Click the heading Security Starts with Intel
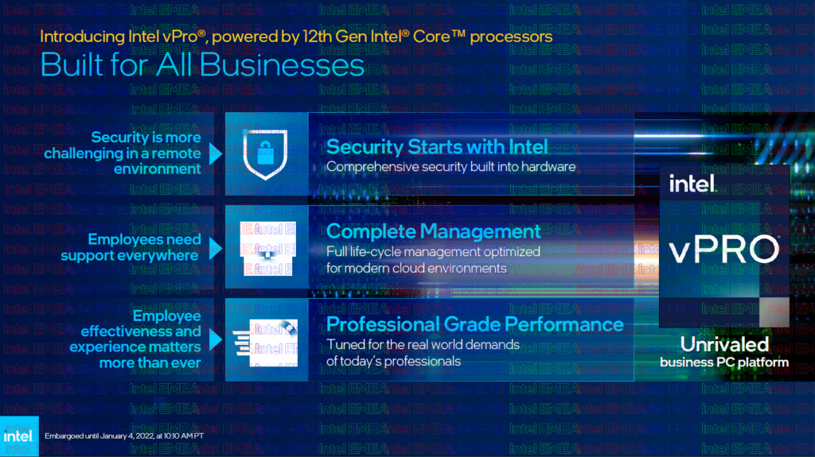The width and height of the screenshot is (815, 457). coord(437,146)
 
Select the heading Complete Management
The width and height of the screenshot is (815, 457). coord(434,231)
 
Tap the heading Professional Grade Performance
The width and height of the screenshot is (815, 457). coord(475,323)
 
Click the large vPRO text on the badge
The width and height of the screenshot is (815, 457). coord(723,248)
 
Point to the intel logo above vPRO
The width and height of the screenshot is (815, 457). coord(692,184)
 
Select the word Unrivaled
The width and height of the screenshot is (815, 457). coord(724,344)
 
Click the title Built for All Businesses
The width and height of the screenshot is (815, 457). coord(202,64)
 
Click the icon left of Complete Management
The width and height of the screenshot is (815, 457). coord(266,246)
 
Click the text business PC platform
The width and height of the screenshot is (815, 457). coord(724,362)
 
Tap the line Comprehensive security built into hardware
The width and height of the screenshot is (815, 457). coord(451,167)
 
